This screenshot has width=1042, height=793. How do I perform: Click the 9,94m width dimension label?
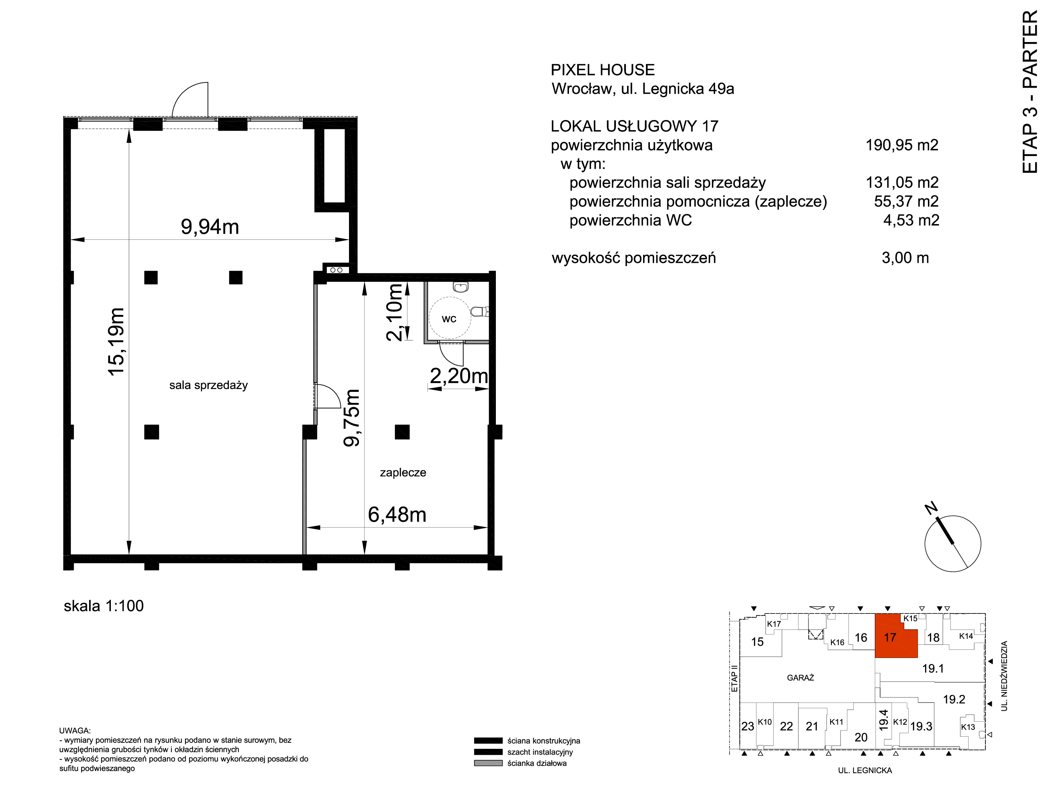click(210, 227)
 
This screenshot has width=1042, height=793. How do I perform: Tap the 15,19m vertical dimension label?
click(116, 341)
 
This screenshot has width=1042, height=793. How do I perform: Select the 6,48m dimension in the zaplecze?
click(397, 514)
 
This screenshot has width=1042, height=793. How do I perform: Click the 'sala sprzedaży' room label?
click(208, 385)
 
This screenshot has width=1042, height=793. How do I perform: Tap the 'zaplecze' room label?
click(403, 472)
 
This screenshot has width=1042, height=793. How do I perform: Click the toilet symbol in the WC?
click(480, 311)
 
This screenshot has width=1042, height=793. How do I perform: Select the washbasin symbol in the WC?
click(460, 286)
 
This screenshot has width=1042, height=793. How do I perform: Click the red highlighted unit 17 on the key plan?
click(895, 636)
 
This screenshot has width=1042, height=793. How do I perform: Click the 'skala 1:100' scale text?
click(103, 606)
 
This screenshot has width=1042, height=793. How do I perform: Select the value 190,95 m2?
click(902, 145)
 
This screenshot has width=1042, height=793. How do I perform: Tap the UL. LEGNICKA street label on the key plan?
click(865, 770)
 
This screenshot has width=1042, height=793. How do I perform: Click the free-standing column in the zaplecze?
click(402, 432)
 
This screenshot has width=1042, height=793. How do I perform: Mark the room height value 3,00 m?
click(905, 258)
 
